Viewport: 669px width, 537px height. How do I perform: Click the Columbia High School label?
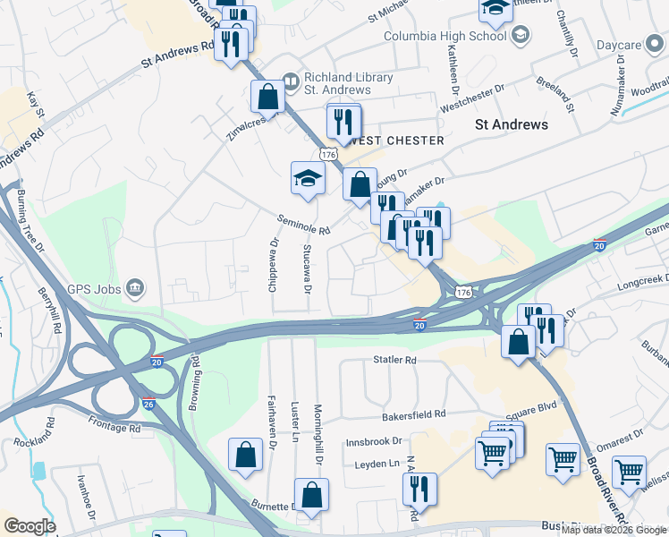coord(445,36)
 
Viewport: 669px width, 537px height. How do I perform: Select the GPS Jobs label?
coord(93,288)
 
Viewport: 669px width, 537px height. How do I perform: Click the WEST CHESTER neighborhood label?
coord(399,141)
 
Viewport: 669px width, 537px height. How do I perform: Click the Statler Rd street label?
coord(395,360)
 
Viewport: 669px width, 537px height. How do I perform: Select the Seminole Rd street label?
coord(304,224)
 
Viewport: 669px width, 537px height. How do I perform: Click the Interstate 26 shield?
coord(148,404)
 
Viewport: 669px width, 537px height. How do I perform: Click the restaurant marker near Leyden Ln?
coord(418,489)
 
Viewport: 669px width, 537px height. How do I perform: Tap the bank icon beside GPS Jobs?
coord(134,287)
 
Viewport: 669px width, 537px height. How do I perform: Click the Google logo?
coord(30,526)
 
